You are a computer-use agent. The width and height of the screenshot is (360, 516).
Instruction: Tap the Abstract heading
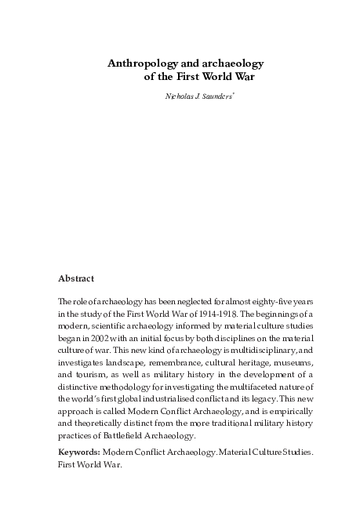coord(76,278)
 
